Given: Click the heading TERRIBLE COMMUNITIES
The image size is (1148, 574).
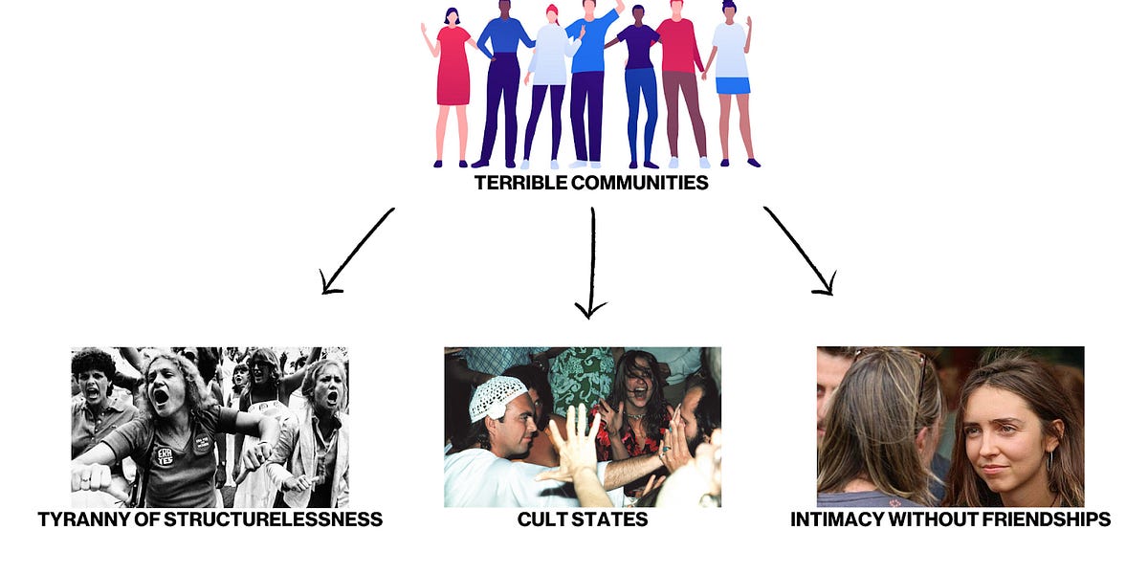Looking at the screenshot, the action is click(591, 182).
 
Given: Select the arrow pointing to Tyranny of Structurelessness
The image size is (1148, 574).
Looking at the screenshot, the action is click(356, 251).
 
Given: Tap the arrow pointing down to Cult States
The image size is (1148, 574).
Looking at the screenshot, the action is click(592, 263).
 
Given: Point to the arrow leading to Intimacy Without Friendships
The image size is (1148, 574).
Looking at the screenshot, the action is click(799, 251).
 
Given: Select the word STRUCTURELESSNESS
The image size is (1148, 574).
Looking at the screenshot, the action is click(288, 519).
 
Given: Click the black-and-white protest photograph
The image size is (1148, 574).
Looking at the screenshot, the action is click(210, 427).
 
